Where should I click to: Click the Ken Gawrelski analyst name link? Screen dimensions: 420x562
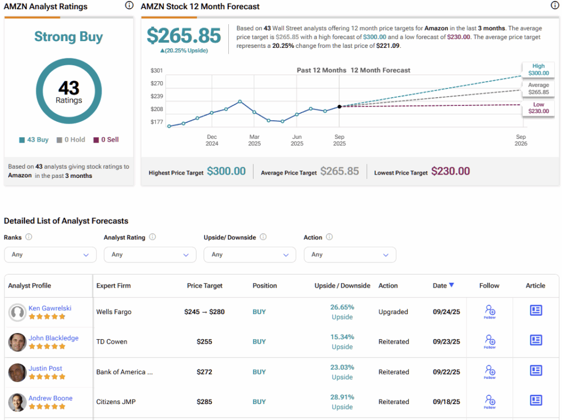click(50, 308)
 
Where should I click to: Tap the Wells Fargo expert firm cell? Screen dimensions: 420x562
click(114, 312)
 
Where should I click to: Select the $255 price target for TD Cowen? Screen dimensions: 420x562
click(204, 341)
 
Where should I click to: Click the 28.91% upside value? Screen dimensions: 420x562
click(342, 397)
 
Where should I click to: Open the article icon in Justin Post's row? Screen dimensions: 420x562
click(536, 371)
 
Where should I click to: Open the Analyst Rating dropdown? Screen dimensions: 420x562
click(150, 255)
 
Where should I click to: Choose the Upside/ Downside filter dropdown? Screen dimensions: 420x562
click(250, 255)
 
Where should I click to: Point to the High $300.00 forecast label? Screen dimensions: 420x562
click(538, 70)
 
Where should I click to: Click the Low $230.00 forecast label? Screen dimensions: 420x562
click(538, 108)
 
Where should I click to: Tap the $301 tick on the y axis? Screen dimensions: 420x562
click(157, 71)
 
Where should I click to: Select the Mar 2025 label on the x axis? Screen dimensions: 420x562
click(254, 140)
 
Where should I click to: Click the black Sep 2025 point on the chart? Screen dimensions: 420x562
click(339, 107)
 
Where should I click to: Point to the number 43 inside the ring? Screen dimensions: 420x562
click(69, 88)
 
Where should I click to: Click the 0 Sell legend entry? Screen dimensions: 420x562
click(106, 140)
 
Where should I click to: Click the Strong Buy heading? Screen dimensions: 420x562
click(69, 37)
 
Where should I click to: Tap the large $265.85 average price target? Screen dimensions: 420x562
click(184, 36)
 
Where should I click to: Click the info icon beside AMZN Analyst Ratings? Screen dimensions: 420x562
click(129, 5)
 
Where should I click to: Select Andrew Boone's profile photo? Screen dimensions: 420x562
click(18, 402)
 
